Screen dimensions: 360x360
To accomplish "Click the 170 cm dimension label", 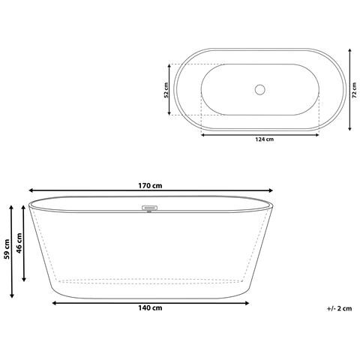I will click(151, 185).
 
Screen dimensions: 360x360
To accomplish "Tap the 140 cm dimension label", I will click(151, 308).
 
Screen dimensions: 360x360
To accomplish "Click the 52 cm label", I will click(166, 90).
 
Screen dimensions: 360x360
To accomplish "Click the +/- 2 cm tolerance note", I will click(339, 308).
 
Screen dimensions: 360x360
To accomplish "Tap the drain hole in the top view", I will click(259, 90).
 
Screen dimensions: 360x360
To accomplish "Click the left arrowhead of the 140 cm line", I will click(54, 302).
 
